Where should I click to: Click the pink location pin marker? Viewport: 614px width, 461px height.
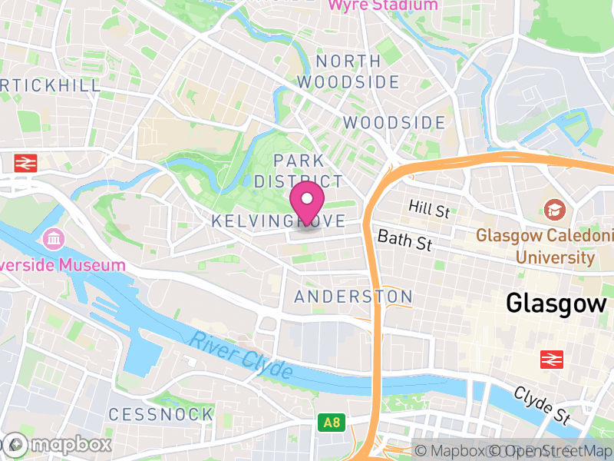coord(308,204)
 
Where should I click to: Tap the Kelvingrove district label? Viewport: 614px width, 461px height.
coord(277,221)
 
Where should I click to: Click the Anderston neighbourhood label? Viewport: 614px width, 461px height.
coord(354,297)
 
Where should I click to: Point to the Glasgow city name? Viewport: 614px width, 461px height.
coord(556,303)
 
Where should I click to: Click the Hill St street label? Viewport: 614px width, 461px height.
coord(429,207)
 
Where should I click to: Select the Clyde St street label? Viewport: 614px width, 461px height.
coord(541,406)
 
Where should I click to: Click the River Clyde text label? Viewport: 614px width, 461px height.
coord(242,355)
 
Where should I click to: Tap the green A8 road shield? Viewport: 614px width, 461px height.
coord(331,422)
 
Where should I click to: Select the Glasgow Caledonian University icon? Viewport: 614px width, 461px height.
coord(553,209)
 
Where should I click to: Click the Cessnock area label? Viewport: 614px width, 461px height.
coord(160,414)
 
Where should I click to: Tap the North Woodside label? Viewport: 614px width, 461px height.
coord(348,71)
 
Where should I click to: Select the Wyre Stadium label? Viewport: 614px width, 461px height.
coord(384,5)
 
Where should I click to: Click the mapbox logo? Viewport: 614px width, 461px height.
coord(58,444)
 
